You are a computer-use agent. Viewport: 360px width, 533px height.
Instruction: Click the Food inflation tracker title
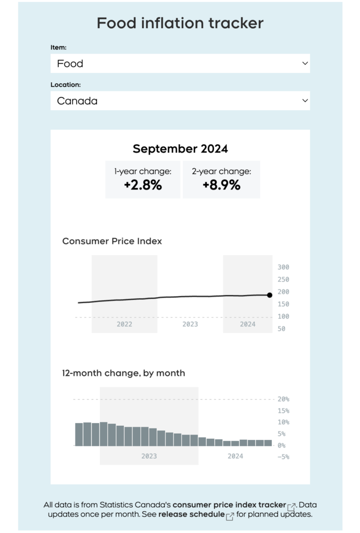click(180, 23)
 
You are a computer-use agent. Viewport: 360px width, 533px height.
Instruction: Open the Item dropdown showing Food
click(180, 64)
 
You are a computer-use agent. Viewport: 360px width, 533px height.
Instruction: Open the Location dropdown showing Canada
click(180, 101)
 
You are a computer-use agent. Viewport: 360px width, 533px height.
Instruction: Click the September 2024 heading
click(180, 149)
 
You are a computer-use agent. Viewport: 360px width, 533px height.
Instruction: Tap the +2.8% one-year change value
click(143, 185)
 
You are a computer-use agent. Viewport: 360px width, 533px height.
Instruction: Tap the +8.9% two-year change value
click(221, 185)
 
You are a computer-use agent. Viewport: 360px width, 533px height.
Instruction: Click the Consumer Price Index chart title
click(112, 242)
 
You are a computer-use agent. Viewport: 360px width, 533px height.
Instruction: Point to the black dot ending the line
click(269, 295)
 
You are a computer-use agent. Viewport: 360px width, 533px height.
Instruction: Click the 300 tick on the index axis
click(283, 267)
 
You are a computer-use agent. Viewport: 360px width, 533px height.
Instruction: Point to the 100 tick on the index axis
click(283, 316)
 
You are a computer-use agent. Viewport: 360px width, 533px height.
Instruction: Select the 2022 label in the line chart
click(124, 324)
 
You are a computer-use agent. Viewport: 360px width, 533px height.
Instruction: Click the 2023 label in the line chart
click(190, 324)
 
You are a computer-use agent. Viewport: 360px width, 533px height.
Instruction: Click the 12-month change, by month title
click(123, 373)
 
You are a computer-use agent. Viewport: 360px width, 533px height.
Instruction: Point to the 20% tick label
click(283, 399)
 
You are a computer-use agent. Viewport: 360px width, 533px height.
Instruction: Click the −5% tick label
click(283, 457)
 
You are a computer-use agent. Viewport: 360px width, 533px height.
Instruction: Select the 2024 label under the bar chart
click(235, 456)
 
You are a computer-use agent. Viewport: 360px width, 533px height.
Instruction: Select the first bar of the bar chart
click(79, 435)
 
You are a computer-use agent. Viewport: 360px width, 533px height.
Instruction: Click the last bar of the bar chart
click(268, 443)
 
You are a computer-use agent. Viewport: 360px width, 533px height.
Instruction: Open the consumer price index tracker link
click(229, 505)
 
